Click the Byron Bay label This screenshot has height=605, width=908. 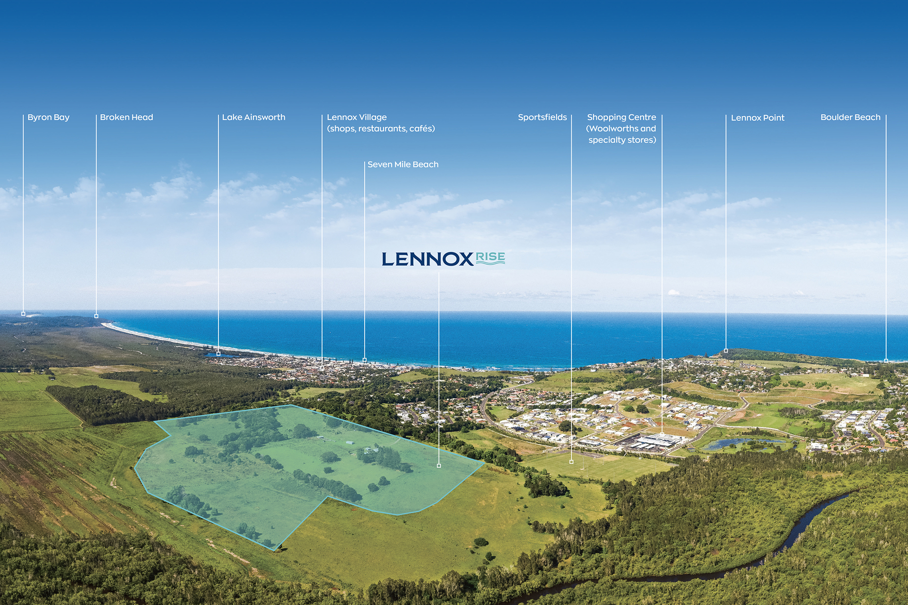(48, 117)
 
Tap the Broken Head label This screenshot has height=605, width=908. (126, 117)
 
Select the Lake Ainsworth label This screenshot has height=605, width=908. (253, 117)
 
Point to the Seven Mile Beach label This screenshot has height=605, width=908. (403, 164)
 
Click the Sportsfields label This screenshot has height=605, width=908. (542, 117)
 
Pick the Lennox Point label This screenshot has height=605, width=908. (758, 118)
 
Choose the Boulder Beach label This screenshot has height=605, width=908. (850, 117)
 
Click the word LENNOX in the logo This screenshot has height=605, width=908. (428, 259)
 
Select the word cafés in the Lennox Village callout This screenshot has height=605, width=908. (422, 129)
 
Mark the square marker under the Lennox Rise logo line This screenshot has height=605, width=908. (439, 466)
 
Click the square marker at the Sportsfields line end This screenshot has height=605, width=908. (571, 462)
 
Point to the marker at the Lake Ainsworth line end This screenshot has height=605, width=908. (218, 354)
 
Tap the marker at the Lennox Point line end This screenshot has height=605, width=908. (726, 351)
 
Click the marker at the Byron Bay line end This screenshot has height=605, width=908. (23, 314)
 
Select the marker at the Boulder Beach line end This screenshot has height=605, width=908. (886, 361)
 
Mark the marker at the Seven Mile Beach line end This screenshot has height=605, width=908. (365, 360)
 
